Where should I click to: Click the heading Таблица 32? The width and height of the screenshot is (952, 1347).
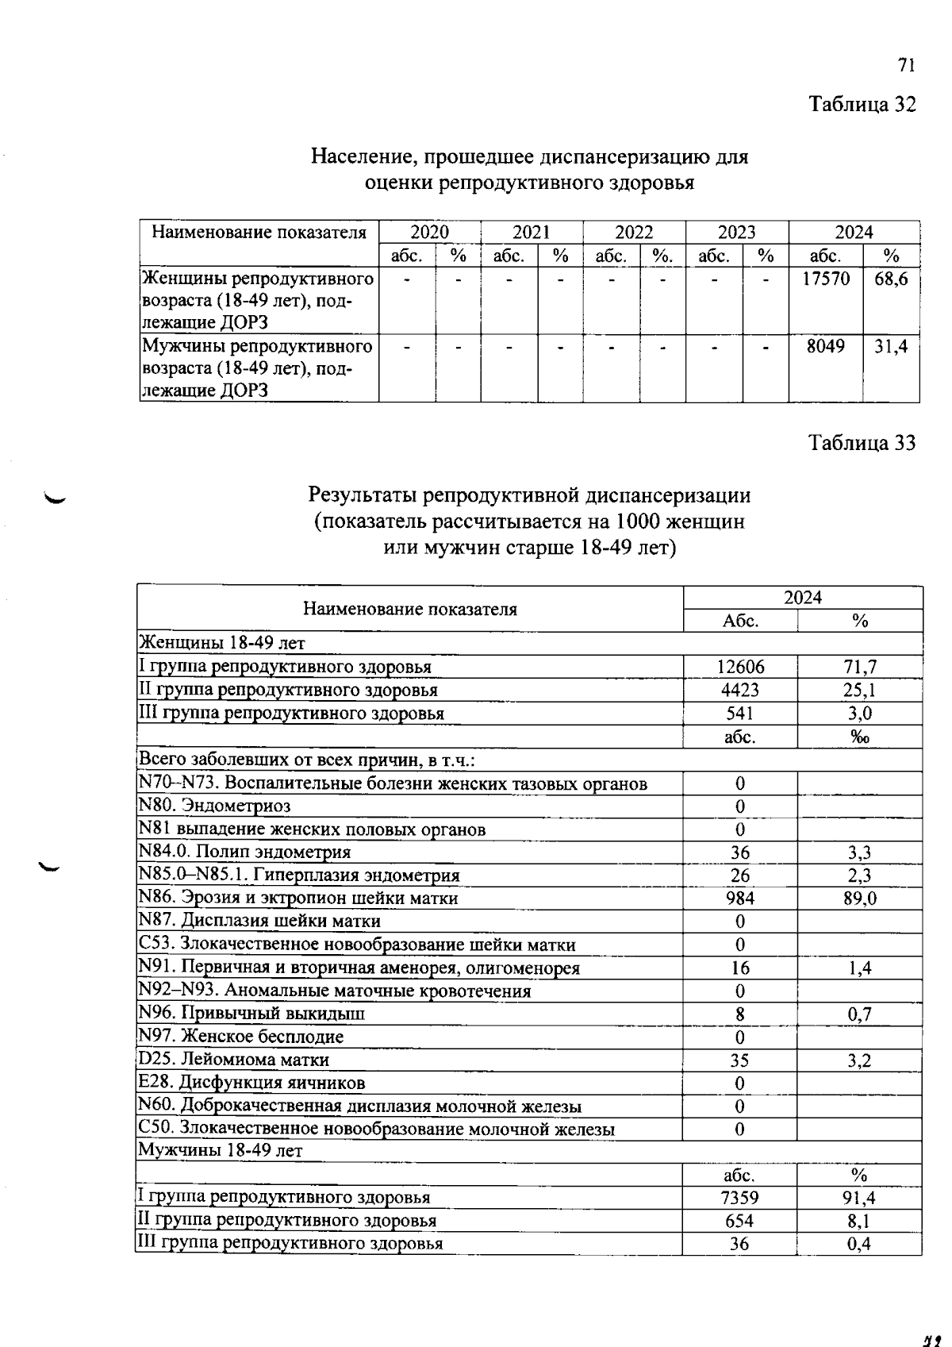(x=862, y=104)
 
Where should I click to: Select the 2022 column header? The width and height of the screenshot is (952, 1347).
(x=634, y=233)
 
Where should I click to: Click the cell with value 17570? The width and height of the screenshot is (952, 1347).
(x=826, y=279)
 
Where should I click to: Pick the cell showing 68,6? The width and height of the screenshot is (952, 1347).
(x=891, y=279)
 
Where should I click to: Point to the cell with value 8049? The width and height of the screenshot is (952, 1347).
(x=826, y=346)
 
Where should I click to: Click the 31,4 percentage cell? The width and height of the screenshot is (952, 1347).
(x=891, y=346)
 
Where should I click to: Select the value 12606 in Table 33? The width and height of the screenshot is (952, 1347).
(x=739, y=668)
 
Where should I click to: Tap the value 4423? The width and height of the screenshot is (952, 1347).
(x=739, y=691)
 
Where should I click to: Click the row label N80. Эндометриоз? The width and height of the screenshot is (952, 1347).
(x=215, y=806)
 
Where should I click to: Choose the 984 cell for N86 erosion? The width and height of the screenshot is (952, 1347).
(x=739, y=898)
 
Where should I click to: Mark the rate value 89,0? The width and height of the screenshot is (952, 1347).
(x=860, y=898)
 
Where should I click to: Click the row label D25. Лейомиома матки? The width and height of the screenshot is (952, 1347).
(x=234, y=1060)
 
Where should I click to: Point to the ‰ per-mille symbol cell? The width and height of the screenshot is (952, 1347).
(x=860, y=737)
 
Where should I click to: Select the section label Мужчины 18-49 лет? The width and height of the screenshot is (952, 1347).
(x=221, y=1151)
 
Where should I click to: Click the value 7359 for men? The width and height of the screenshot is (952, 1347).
(x=739, y=1198)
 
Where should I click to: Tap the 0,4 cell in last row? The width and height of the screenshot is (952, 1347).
(x=859, y=1244)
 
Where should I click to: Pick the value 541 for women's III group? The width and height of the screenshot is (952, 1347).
(x=739, y=714)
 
